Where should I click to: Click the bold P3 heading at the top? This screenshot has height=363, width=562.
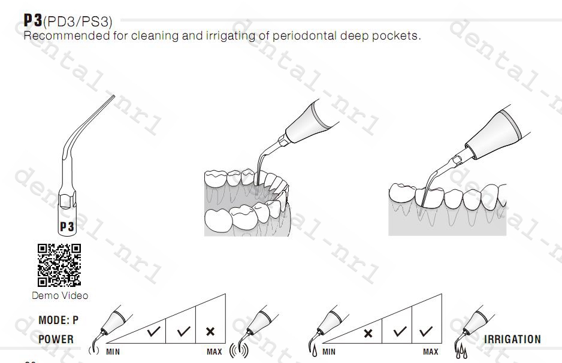coord(33,20)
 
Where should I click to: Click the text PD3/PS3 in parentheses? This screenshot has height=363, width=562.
coord(77,22)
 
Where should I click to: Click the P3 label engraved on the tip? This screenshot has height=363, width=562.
coord(67,226)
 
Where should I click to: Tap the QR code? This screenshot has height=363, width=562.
coord(59,265)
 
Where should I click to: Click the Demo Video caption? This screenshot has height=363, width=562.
coord(60,295)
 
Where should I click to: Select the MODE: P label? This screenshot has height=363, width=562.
coord(59,320)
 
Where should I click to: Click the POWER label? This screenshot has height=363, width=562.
coord(56,339)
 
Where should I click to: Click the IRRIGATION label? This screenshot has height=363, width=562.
coord(512,339)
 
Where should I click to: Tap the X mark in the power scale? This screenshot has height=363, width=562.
coord(210,331)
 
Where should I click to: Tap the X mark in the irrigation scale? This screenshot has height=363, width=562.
coord(368,333)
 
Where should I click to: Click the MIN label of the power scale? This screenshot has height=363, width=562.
coord(113,352)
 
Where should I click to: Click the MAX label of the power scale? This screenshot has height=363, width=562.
coord(214,352)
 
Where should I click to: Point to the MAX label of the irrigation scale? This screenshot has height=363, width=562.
coord(430,352)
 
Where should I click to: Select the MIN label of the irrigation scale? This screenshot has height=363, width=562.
coord(329,352)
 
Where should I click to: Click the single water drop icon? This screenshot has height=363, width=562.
coord(315,351)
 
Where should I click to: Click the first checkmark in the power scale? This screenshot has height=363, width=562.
coord(154,331)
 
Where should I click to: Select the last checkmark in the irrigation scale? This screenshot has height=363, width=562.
coord(426,331)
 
